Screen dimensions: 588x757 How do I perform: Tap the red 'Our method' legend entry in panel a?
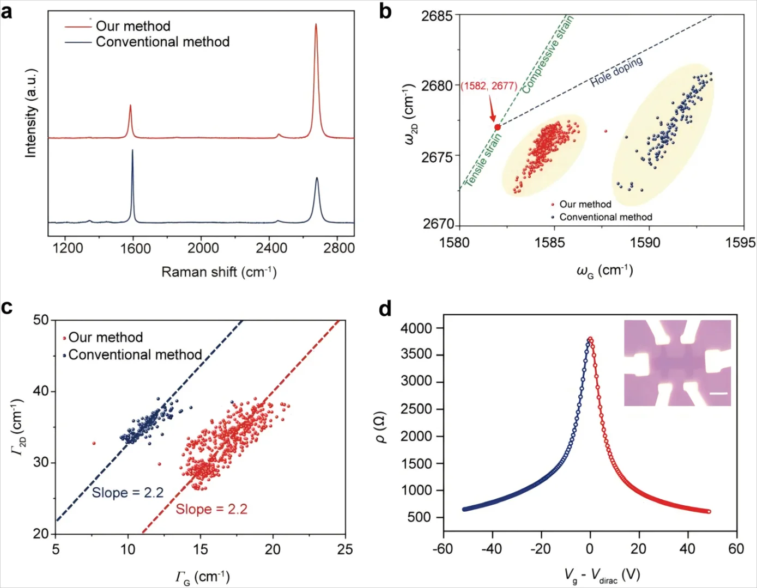132,26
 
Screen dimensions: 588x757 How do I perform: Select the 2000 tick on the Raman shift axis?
203,248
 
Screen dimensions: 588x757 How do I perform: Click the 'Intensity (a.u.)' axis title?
31,113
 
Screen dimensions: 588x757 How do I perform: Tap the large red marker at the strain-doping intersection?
497,127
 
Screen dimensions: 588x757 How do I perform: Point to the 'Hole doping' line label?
616,71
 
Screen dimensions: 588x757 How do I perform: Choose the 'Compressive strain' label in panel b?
548,54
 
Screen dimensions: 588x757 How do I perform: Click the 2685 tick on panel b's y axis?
437,16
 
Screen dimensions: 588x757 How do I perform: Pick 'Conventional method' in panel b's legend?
605,217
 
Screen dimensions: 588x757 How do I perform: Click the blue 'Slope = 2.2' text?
128,493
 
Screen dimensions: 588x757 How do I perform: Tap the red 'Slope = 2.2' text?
211,509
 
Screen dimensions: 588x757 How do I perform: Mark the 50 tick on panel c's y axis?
41,320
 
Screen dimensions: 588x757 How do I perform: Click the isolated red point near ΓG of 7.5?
94,443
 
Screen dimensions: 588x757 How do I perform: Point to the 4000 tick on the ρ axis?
416,328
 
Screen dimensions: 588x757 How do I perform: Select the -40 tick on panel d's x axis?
492,549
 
